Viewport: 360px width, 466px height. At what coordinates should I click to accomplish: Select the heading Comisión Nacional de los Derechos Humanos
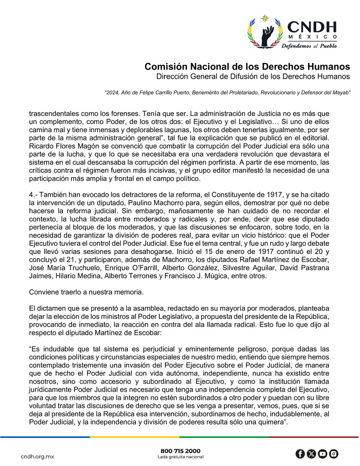[x=247, y=66]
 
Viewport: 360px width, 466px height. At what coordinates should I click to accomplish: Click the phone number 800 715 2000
[x=181, y=451]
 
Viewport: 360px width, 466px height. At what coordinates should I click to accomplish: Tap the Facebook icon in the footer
[x=300, y=454]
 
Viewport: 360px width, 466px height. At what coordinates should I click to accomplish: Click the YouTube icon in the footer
[x=322, y=454]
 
